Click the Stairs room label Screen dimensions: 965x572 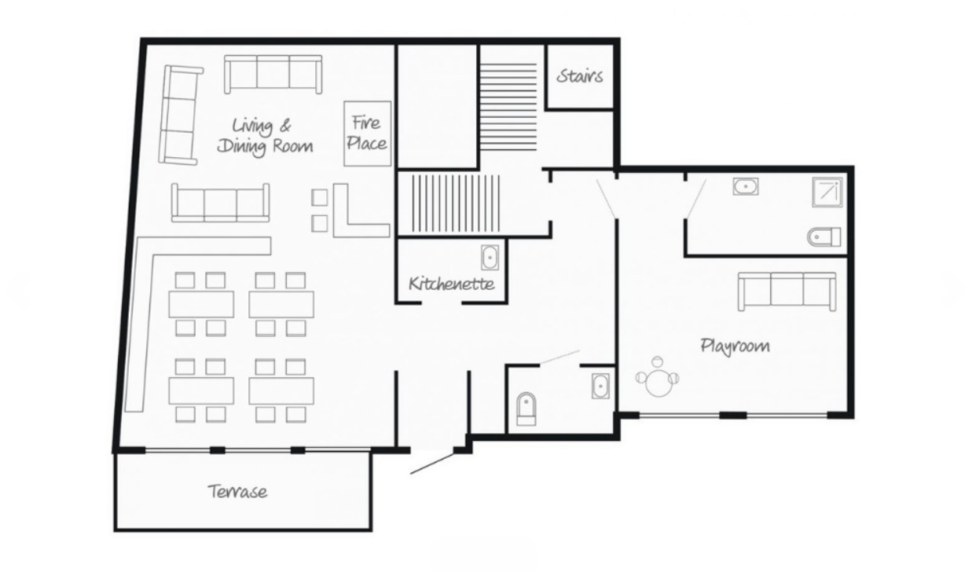point(579,76)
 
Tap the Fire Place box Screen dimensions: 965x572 point(368,134)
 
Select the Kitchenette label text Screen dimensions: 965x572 point(451,284)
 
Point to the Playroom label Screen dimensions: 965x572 point(735,346)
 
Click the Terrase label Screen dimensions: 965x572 point(237,491)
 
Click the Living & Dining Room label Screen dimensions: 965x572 point(265,136)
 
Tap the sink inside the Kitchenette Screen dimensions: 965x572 point(490,258)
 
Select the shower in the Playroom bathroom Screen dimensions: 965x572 point(827,192)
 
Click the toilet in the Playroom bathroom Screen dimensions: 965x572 point(824,237)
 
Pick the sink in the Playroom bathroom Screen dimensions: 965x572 point(745,187)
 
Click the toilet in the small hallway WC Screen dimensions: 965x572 point(527,409)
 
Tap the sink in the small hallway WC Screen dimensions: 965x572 point(600,386)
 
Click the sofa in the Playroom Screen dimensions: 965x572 point(787,291)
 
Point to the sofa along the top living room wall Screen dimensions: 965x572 point(273,74)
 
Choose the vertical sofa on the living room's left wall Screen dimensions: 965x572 point(180,115)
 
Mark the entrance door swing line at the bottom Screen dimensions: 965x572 point(432,464)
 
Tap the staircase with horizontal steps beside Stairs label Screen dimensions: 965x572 point(509,106)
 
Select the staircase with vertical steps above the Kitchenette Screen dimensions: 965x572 point(456,203)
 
